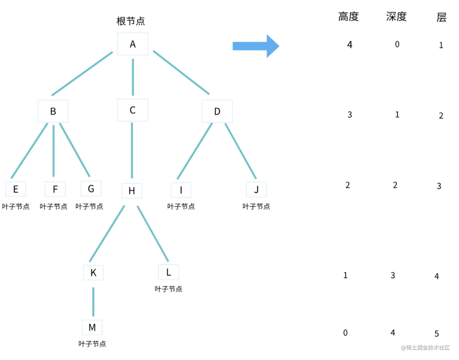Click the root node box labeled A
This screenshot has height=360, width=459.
click(133, 44)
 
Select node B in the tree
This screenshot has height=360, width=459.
click(53, 111)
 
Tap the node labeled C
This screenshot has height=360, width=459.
click(133, 110)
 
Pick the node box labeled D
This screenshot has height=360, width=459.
click(217, 111)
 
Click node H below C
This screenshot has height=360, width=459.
click(132, 190)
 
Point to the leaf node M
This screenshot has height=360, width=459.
click(92, 327)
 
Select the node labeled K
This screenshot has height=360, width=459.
click(93, 273)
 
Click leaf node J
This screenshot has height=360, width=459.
click(257, 190)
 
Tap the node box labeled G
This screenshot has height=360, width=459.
click(91, 189)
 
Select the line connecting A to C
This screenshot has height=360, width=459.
click(133, 77)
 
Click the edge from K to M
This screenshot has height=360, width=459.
click(93, 301)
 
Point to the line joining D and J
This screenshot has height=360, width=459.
click(241, 151)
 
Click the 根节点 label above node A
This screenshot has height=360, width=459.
click(131, 21)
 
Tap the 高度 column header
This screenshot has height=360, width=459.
click(348, 17)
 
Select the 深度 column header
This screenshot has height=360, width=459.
click(396, 17)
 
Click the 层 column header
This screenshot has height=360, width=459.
click(441, 17)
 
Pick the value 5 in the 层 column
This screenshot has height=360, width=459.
click(437, 334)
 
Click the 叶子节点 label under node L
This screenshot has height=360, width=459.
click(168, 289)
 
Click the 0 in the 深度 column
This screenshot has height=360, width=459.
click(397, 44)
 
